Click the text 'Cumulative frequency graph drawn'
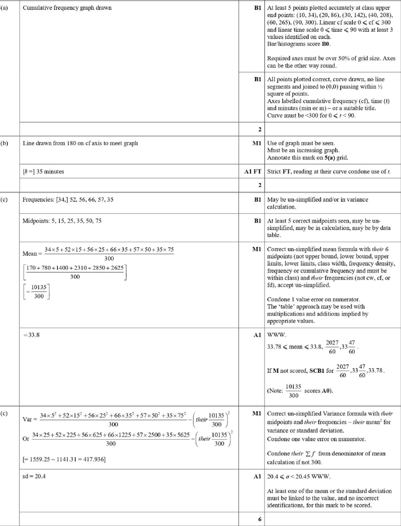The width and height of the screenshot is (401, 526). tap(67, 8)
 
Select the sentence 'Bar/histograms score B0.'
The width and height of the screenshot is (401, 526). tap(299, 44)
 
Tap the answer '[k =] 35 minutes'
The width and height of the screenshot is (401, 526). tap(43, 172)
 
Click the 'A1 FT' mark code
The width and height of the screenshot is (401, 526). tap(252, 172)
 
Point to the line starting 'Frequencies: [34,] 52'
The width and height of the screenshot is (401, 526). tap(68, 200)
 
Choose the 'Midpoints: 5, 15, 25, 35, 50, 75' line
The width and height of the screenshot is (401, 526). tap(62, 221)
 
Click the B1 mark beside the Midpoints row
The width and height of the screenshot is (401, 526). tap(257, 221)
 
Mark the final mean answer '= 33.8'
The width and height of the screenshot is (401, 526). tap(32, 335)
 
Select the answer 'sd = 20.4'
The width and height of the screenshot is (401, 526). tap(34, 476)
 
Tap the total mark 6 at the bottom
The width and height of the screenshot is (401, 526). tap(260, 519)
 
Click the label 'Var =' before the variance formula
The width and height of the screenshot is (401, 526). tap(30, 419)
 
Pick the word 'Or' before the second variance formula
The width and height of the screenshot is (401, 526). tap(26, 439)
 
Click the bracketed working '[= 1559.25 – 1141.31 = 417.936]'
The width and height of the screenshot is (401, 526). tap(64, 459)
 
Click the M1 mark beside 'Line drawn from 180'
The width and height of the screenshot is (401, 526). tap(257, 143)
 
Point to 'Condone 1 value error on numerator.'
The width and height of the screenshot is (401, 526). tap(313, 299)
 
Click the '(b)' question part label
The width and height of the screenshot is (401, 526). tap(4, 143)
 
